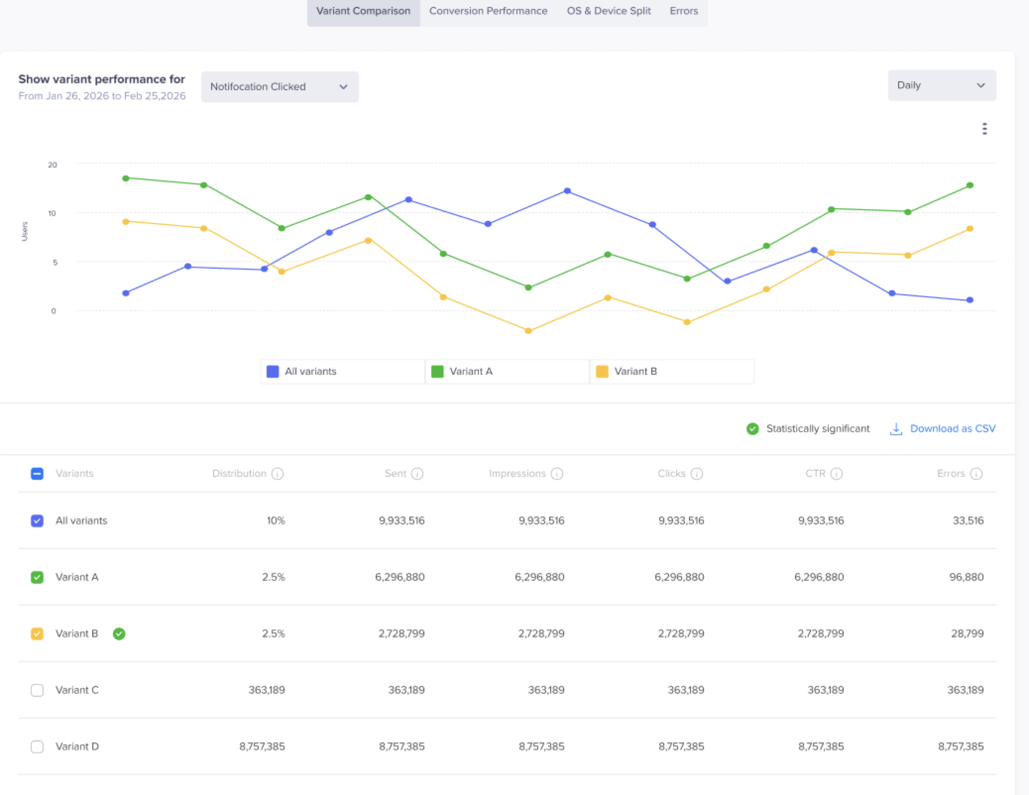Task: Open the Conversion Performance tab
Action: pos(488,11)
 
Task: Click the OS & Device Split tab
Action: pos(609,11)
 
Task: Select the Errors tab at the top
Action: pos(684,11)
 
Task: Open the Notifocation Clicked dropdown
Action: pos(280,87)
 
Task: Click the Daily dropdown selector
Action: pos(942,85)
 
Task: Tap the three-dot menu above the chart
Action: pos(984,129)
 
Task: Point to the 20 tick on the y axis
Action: pos(53,165)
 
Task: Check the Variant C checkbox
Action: pos(37,690)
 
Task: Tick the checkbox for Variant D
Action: pos(37,746)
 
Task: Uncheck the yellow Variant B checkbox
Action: pos(37,633)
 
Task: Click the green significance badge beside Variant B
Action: pos(119,633)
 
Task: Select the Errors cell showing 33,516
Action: pos(968,520)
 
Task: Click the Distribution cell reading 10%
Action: pos(276,520)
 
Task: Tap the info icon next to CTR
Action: pos(837,474)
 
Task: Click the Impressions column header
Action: pos(517,473)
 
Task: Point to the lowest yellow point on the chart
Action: pos(528,331)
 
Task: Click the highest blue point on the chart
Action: pos(568,191)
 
